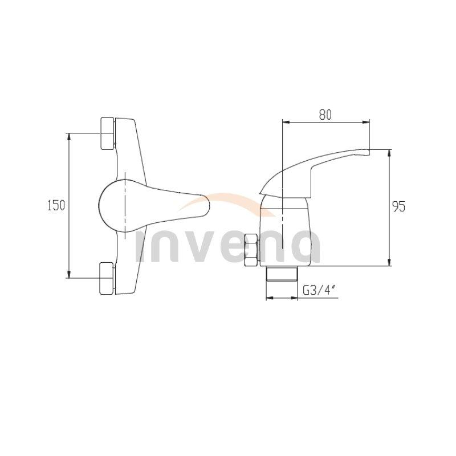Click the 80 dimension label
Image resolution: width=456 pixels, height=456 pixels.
pos(325,114)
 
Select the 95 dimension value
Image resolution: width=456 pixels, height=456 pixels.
pos(398,206)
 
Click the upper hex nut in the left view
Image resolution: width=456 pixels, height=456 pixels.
pos(107,133)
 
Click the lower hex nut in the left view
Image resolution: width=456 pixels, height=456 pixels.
pos(107,278)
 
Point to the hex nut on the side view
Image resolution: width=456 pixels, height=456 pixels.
pos(251,251)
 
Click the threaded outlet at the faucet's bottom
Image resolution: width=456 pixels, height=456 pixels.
pos(282,274)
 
